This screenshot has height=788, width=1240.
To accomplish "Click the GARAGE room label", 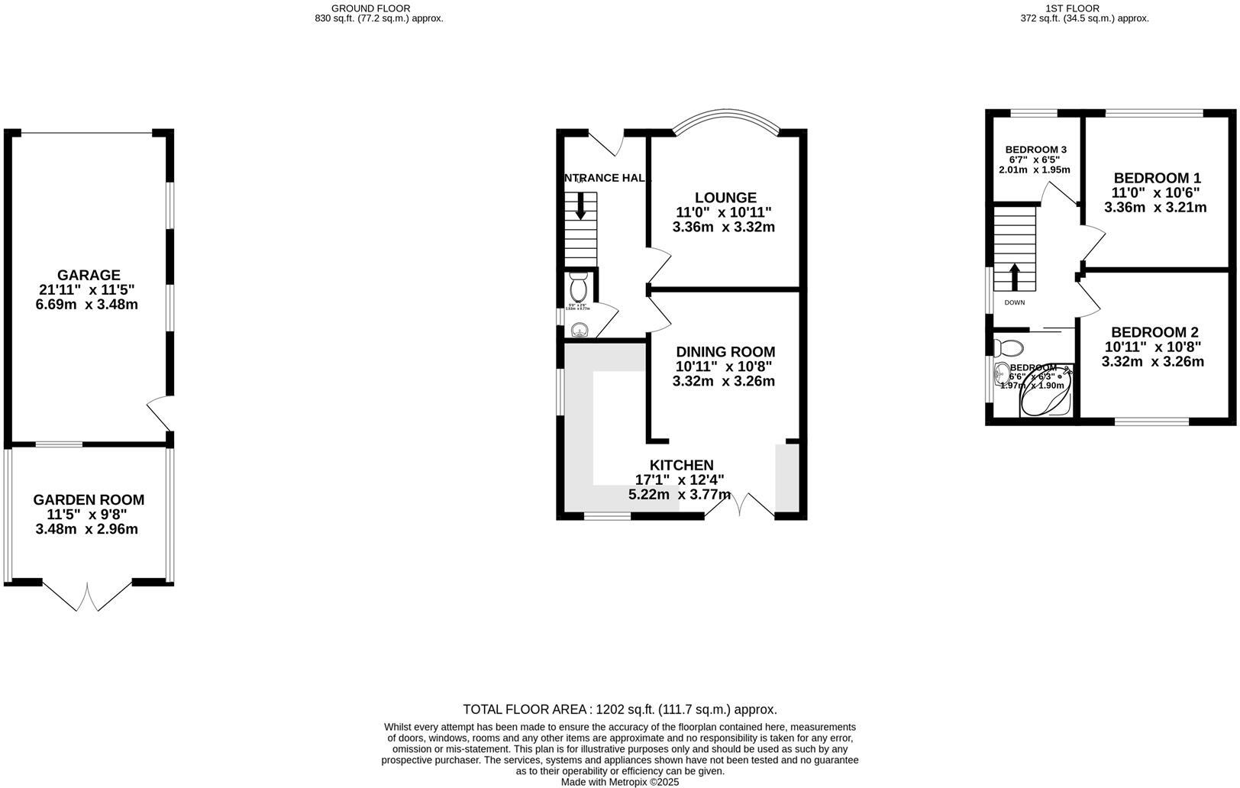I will coord(89,275).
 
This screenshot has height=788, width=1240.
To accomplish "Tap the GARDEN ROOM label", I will coord(89,500).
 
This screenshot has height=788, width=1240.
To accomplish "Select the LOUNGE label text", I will coord(725,198).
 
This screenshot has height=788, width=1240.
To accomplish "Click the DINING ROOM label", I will coord(725,352).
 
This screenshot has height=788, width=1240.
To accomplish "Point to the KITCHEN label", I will coord(681,465).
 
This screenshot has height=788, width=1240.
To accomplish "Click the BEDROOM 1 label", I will coord(1157,177).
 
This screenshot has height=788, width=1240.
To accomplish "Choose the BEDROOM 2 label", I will coord(1154,332).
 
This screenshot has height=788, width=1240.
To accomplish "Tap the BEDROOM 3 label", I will coord(1035,150).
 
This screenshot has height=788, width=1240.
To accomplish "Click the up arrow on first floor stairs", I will coord(1015,277).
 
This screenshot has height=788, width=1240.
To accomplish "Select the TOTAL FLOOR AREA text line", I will coord(619,709).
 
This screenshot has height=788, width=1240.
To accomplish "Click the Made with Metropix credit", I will coord(619,782).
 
